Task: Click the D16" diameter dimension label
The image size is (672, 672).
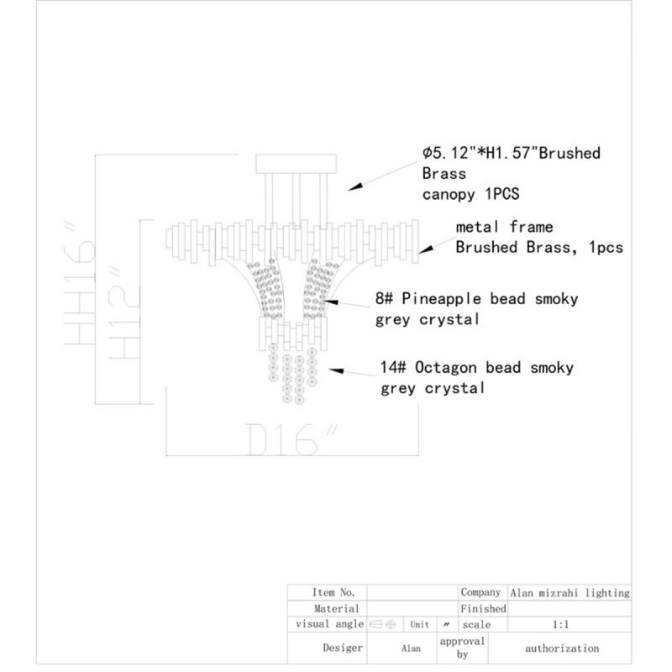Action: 290,439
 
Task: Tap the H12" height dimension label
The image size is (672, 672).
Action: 123,312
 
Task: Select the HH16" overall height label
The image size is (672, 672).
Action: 80,283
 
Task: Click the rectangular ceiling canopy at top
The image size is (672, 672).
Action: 296,164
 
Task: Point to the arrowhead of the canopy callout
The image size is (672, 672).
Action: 355,186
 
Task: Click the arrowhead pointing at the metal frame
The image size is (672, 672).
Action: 426,249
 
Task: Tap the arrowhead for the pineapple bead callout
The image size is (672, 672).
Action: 331,302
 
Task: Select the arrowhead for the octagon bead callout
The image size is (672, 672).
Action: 337,370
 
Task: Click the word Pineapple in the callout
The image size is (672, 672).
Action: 442,299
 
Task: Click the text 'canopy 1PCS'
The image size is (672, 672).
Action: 470,194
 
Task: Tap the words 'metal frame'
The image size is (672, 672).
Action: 504,227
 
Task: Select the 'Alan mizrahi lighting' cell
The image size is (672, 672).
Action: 570,593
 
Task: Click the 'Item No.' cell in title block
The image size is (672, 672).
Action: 333,592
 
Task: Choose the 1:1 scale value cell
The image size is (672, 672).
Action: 560,624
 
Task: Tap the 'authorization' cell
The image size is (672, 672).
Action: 562,648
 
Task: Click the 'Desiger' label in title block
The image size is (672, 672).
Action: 343,648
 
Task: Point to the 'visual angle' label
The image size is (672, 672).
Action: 329,624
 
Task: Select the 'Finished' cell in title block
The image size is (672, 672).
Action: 483,608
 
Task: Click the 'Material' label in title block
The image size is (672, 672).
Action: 337,608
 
